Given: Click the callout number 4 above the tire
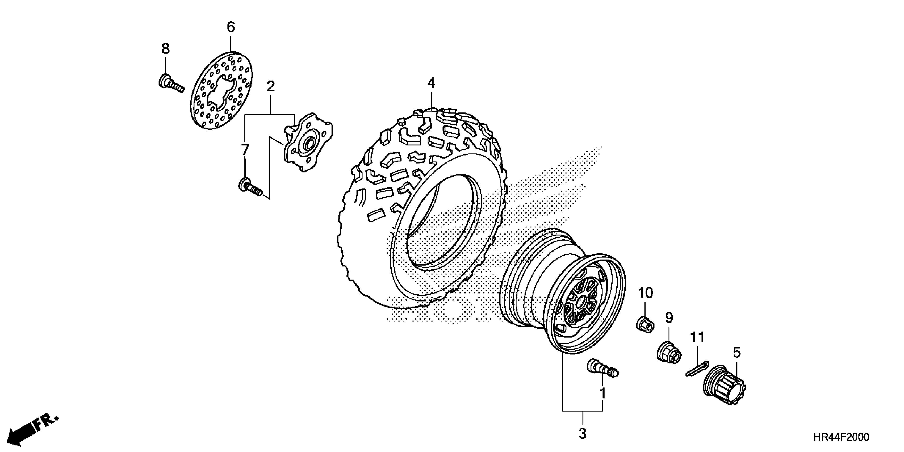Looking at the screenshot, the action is [x=431, y=83].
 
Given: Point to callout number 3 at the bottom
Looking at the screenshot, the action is [x=583, y=434].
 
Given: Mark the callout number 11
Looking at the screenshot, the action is [x=697, y=338].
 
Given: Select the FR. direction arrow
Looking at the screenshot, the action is [x=33, y=430].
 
